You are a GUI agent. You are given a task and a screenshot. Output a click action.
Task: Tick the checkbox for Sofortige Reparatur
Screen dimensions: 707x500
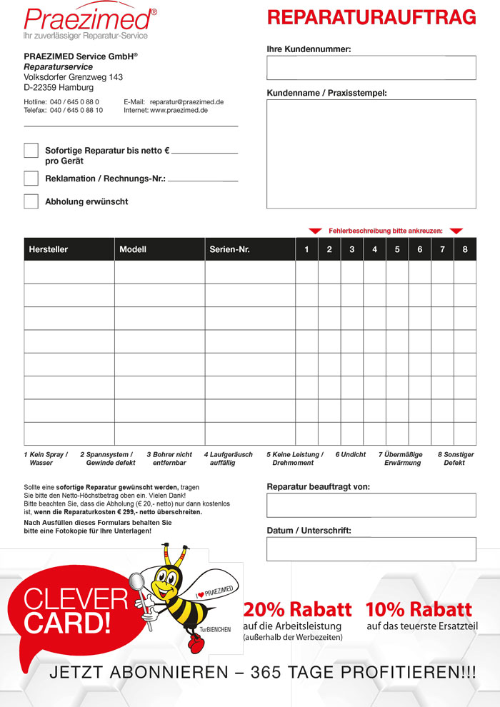(31, 151)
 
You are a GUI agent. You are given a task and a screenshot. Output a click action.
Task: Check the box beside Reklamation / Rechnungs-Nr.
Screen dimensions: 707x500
(31, 178)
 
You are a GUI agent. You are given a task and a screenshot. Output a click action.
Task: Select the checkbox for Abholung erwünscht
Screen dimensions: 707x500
(31, 201)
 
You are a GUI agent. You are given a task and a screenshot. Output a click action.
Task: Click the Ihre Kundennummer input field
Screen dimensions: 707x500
(371, 68)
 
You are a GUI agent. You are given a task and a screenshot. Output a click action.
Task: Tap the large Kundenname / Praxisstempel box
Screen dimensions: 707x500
(371, 154)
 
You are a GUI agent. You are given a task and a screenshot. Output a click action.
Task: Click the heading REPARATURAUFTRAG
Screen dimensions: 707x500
(371, 17)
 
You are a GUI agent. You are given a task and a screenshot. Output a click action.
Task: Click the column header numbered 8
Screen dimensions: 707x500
(465, 249)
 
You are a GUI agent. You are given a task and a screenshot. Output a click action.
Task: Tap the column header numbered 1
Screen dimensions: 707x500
(306, 249)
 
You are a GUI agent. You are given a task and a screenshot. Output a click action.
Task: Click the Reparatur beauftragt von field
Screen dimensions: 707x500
(371, 505)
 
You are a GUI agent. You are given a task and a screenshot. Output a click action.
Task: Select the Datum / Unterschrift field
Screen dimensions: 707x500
(371, 549)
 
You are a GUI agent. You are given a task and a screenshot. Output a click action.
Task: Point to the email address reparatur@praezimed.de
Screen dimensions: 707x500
(187, 102)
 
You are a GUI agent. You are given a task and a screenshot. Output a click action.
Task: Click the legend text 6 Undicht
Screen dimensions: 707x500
(350, 454)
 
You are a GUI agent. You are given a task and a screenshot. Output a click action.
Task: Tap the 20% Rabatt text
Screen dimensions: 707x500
(297, 610)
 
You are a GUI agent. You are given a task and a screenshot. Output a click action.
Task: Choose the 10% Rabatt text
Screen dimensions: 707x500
(419, 610)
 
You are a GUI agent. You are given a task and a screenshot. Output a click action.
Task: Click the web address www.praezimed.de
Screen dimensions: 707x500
(179, 111)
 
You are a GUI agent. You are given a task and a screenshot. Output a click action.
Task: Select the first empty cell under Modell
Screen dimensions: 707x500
(159, 272)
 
